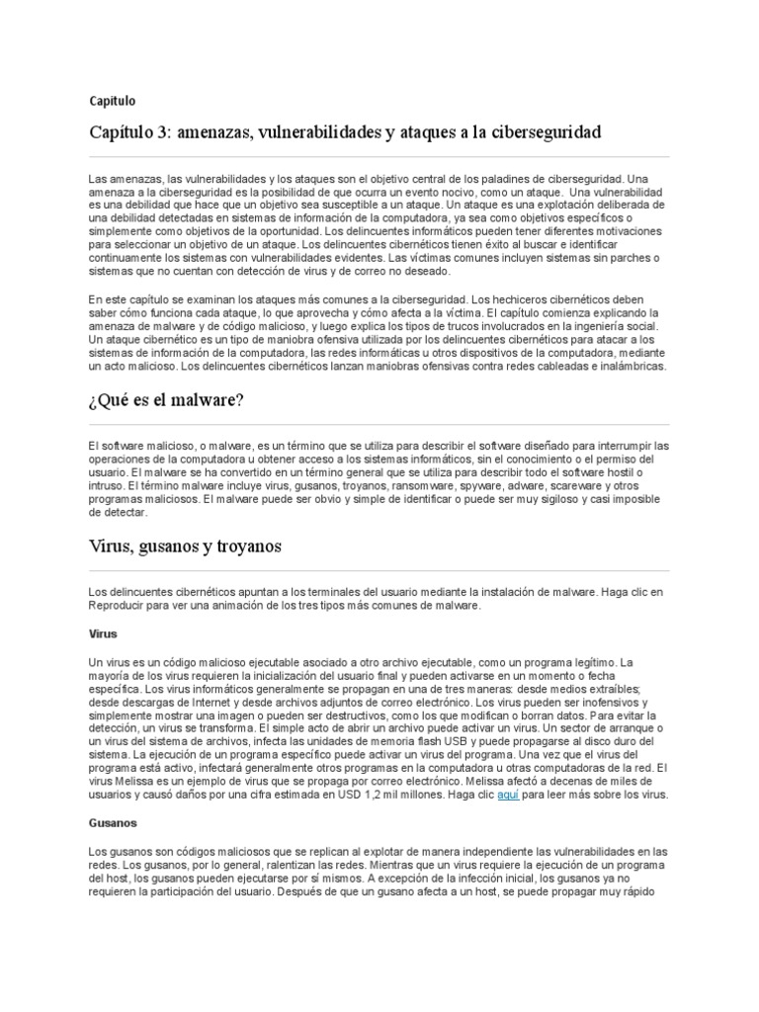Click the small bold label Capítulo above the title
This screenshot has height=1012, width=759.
click(x=112, y=100)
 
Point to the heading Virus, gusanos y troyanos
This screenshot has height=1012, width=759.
click(x=186, y=546)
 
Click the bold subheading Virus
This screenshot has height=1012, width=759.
click(x=103, y=633)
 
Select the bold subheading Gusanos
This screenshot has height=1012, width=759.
click(x=113, y=821)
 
